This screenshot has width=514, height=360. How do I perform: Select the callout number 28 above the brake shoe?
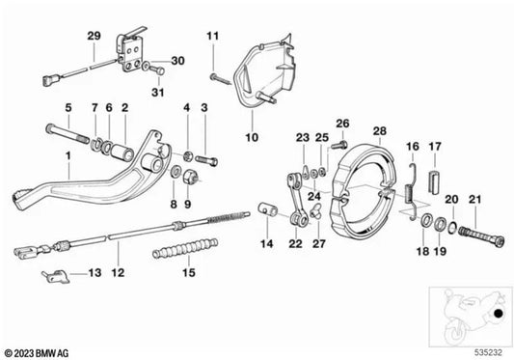[x=380, y=129]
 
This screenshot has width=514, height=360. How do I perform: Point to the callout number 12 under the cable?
[x=117, y=273]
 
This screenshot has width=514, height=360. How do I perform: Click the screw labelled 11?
[x=218, y=72]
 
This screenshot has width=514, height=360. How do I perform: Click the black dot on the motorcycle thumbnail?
[x=497, y=315]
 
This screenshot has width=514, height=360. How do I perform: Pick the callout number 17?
[x=434, y=147]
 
